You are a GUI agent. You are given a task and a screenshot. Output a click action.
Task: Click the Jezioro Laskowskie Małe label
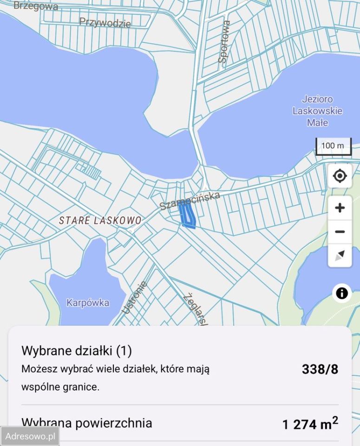click(317, 111)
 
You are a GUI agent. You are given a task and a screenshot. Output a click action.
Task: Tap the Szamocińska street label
click(190, 201)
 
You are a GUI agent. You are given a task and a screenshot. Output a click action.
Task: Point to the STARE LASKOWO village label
click(100, 220)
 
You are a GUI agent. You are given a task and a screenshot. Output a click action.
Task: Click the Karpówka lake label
click(88, 303)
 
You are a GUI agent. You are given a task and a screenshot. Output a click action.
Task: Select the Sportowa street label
click(224, 41)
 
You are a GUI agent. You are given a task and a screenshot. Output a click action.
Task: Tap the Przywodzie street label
click(105, 22)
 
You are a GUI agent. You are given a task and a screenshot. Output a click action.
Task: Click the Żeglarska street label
click(196, 308)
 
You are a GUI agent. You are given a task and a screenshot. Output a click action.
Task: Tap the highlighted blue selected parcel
click(187, 216)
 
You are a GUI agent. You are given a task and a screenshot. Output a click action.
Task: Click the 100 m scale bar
click(334, 146)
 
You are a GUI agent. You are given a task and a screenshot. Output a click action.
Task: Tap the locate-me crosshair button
click(340, 176)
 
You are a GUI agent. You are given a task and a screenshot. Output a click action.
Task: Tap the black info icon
click(342, 293)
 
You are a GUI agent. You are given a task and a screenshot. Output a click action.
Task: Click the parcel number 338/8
click(320, 369)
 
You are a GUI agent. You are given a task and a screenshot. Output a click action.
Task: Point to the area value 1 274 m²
click(310, 424)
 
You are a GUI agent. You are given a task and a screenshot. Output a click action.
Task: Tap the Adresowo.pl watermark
click(29, 436)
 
